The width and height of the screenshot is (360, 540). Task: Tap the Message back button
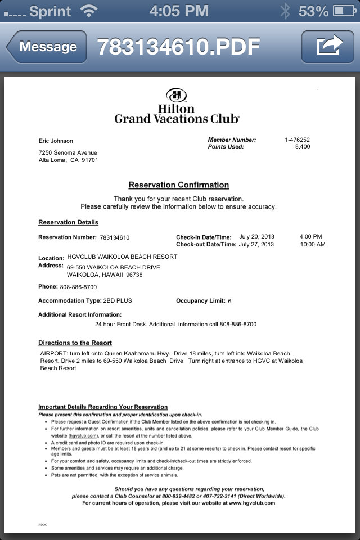pos(47,47)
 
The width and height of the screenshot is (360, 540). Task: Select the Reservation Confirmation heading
pos(178,185)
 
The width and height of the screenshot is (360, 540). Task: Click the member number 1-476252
pos(297,140)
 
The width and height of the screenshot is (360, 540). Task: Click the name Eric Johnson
pos(56,141)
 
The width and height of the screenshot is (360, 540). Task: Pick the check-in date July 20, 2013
pos(256,237)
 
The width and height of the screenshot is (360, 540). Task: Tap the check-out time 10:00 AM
pos(312,245)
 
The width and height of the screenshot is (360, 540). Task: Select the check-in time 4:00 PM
pos(310,237)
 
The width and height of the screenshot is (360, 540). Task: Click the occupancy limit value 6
pos(229,301)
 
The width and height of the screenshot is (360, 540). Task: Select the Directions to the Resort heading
pos(75,343)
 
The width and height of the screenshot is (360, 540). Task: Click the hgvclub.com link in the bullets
pos(83,435)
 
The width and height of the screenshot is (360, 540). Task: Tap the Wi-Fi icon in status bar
pos(88,10)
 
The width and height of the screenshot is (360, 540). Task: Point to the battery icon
pos(344,10)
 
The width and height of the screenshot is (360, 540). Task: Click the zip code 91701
pos(89,160)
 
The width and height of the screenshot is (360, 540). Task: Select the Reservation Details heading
pos(68,222)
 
